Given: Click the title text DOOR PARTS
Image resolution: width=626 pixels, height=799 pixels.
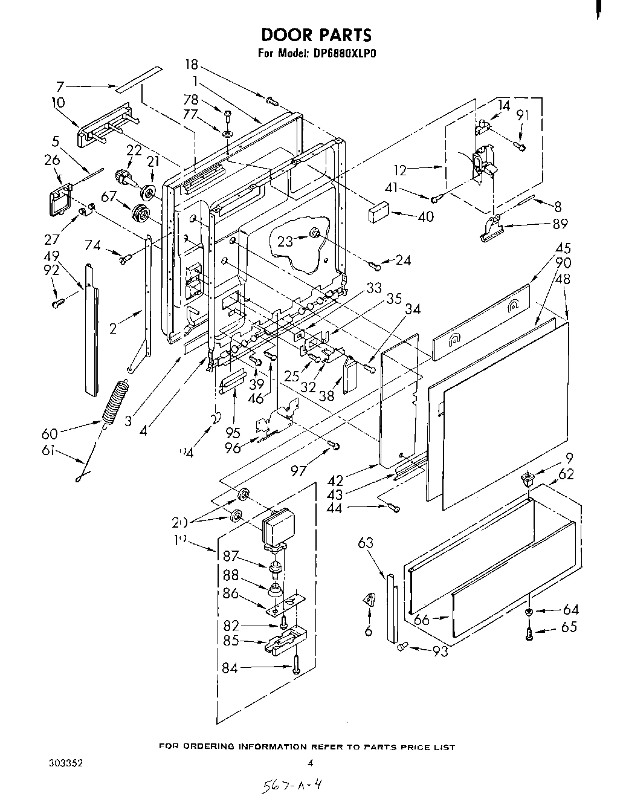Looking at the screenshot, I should pos(316,34).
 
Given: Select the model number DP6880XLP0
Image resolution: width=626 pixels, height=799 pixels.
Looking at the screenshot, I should pos(344,53).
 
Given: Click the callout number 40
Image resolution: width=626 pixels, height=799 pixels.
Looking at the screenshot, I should pos(425,216).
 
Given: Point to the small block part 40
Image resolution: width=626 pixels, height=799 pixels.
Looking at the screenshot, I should pos(378,212).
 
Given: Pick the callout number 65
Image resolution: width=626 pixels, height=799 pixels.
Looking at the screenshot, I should pos(569,627).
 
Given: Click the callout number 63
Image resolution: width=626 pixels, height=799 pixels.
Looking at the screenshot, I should pos(366,543).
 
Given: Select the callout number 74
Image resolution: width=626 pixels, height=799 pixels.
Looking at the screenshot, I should pos(92,245).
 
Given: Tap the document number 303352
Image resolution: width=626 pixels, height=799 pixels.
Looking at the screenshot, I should pos(65,763).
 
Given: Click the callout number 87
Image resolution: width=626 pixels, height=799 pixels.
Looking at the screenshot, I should pos(231,557).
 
